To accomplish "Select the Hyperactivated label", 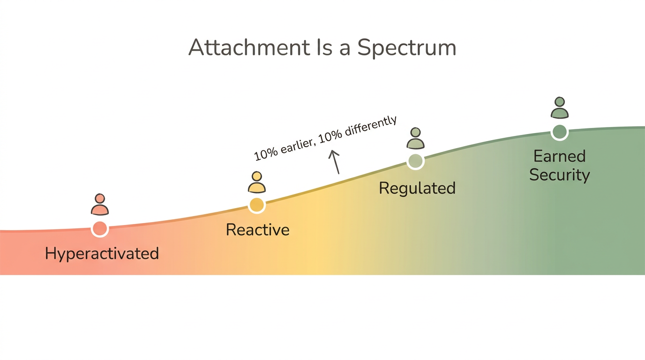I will click(x=102, y=254).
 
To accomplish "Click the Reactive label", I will click(x=257, y=230).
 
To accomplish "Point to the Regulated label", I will click(x=417, y=188).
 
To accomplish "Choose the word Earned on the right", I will click(x=559, y=156).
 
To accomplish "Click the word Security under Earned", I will click(x=559, y=175).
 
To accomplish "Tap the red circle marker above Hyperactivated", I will click(x=100, y=228).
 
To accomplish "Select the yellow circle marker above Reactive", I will click(x=256, y=205).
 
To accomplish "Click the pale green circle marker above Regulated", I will click(x=415, y=161).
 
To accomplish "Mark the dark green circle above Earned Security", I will click(x=559, y=132).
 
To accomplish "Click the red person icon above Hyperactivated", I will click(x=100, y=204).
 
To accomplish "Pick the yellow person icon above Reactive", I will click(x=256, y=182).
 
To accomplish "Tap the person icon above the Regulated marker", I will click(x=415, y=138).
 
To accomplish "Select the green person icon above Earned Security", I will click(x=559, y=108).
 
